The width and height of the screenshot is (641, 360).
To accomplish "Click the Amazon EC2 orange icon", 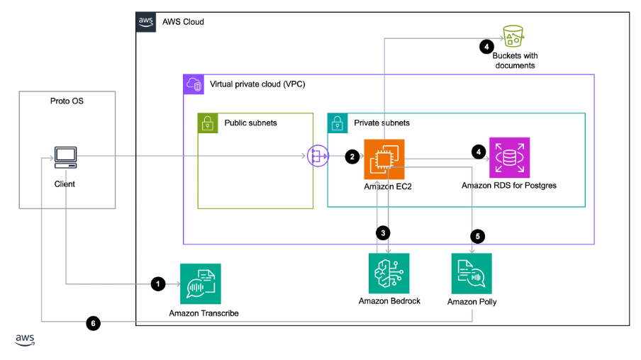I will coord(384,159).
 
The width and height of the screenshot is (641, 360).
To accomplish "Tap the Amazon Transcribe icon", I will coord(201,283).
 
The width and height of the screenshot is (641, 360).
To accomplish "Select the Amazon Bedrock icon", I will coord(389,273).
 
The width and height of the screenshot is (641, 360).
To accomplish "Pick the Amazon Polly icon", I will coord(472,273).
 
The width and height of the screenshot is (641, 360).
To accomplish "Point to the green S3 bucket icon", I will coord(513,35).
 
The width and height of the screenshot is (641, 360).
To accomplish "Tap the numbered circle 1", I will coord(158,283).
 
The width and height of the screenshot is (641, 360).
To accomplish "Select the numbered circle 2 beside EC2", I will coord(352,157).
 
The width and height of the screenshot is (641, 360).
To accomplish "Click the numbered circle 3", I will coord(383,232).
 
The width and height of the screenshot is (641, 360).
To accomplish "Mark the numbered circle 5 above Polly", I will coord(477,237).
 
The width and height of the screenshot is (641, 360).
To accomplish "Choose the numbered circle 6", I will coord(93,323).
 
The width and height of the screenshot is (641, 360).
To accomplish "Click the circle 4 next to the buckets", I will coord(486,47).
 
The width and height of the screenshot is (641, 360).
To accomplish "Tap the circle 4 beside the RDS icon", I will coord(479,151).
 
